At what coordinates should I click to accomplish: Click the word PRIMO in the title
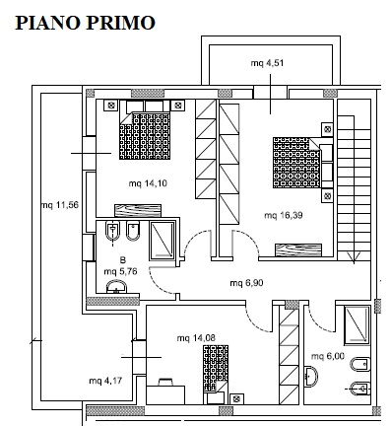(120, 23)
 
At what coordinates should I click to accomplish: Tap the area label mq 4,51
(267, 63)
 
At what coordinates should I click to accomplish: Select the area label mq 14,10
(148, 183)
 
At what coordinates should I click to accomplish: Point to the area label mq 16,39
(284, 215)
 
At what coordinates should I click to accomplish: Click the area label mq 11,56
(60, 205)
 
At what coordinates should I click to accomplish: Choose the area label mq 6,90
(246, 283)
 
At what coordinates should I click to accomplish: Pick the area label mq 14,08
(196, 338)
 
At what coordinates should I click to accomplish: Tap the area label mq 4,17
(105, 381)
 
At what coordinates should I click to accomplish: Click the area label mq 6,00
(328, 356)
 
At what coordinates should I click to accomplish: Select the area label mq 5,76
(120, 272)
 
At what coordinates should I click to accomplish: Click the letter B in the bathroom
(123, 260)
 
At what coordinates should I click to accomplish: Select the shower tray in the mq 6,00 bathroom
(357, 324)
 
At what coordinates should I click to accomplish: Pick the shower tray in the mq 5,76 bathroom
(163, 240)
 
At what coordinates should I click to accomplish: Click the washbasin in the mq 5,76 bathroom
(116, 286)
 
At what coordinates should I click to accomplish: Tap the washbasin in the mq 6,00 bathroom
(311, 377)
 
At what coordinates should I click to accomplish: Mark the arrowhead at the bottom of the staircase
(354, 257)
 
